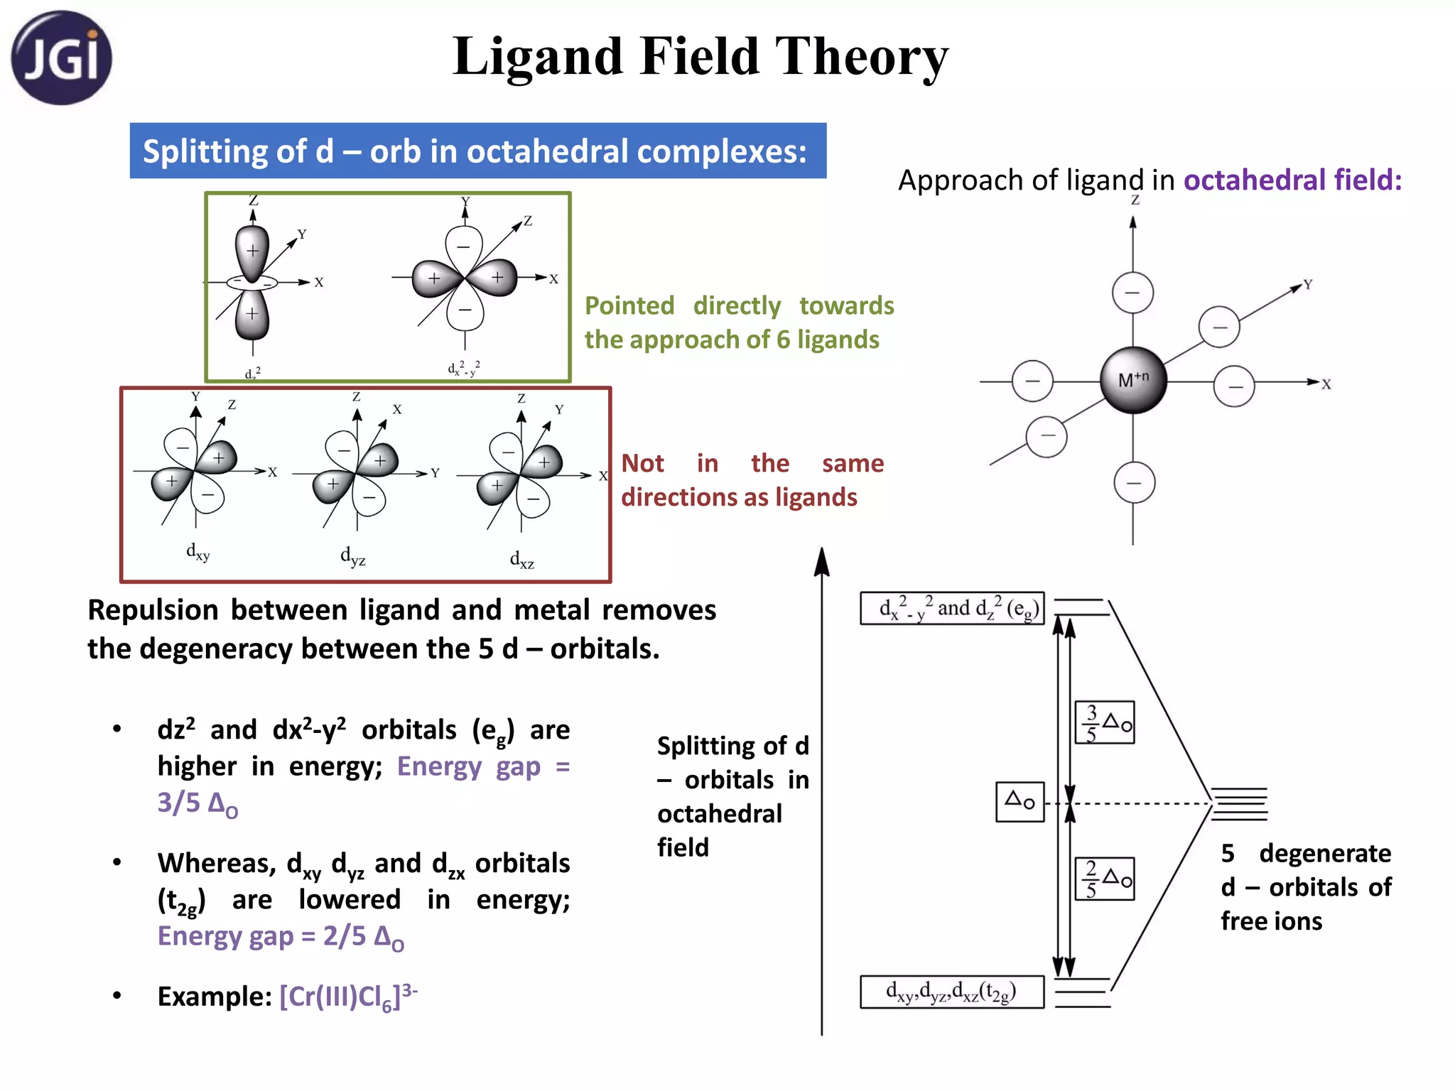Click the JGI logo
(61, 58)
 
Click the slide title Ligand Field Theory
(700, 57)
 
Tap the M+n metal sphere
(1133, 380)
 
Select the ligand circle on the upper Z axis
(1132, 293)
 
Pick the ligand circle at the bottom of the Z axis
(1134, 483)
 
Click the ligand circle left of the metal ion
(1032, 381)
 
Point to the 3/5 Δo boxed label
(1105, 723)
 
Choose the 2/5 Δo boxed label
(1105, 879)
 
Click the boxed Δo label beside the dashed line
(1019, 802)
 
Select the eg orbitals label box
(952, 609)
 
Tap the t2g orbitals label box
(952, 992)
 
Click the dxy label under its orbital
(198, 552)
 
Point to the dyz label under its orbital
(353, 555)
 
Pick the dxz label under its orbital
(522, 560)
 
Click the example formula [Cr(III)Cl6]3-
(348, 997)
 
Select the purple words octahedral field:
(1292, 180)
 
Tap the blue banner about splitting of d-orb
(477, 151)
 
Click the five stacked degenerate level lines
(1239, 804)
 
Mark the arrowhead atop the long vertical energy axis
(822, 561)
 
